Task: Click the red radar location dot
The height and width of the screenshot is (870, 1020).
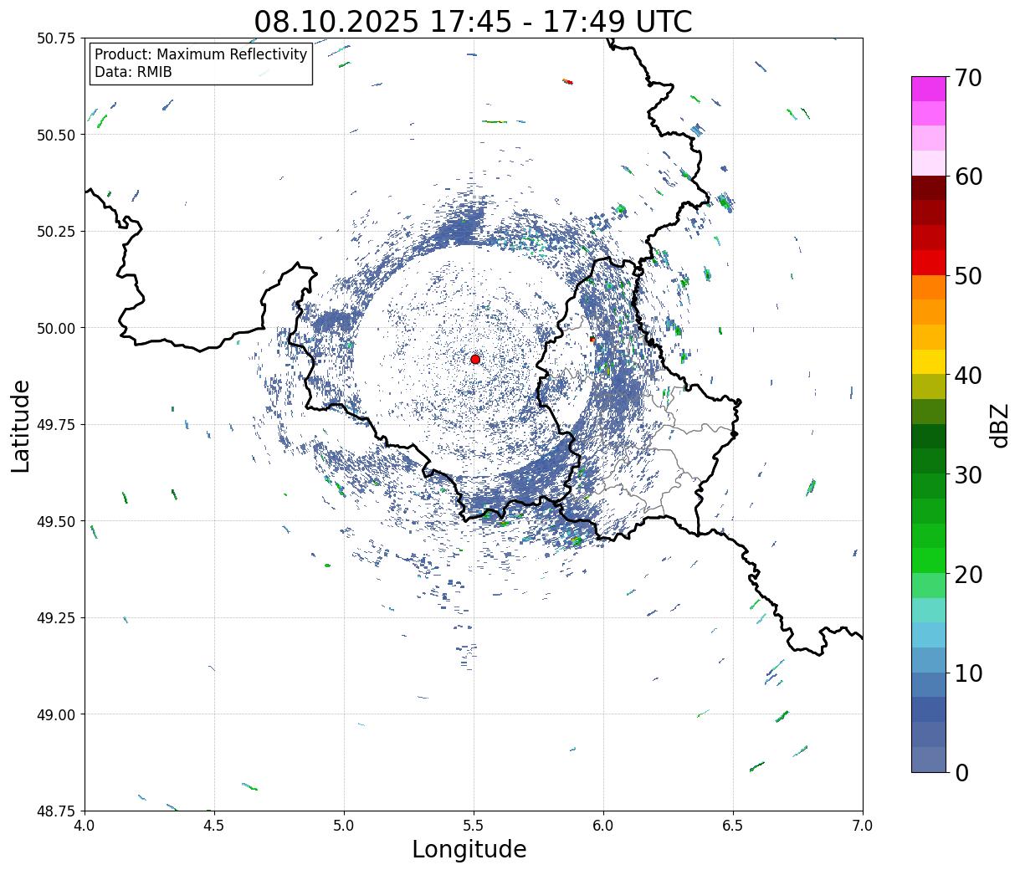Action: tap(475, 359)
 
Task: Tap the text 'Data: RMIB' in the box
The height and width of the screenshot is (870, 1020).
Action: tap(133, 72)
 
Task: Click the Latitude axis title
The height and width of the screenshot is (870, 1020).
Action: tap(21, 426)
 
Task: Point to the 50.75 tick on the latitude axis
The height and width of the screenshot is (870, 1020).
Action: tap(56, 38)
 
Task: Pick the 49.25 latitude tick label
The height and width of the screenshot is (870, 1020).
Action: tap(56, 618)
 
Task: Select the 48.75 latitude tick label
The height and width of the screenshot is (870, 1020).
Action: tap(56, 811)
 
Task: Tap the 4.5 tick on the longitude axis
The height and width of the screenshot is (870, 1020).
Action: tap(214, 826)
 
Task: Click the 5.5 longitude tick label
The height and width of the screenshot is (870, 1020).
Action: tap(474, 826)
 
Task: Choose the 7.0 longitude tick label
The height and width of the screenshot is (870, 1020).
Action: tap(863, 826)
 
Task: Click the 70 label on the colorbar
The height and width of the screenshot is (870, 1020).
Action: tap(967, 78)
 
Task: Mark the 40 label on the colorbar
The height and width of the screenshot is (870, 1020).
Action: tap(967, 376)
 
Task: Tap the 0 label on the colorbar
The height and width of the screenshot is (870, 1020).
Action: tap(961, 773)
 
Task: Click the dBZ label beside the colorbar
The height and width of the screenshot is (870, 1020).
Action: tap(999, 426)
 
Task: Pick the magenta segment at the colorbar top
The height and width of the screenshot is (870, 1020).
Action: tap(929, 89)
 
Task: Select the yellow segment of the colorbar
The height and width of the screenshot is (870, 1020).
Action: tap(929, 361)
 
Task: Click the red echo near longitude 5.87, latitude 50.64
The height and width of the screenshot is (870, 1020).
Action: tap(568, 81)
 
